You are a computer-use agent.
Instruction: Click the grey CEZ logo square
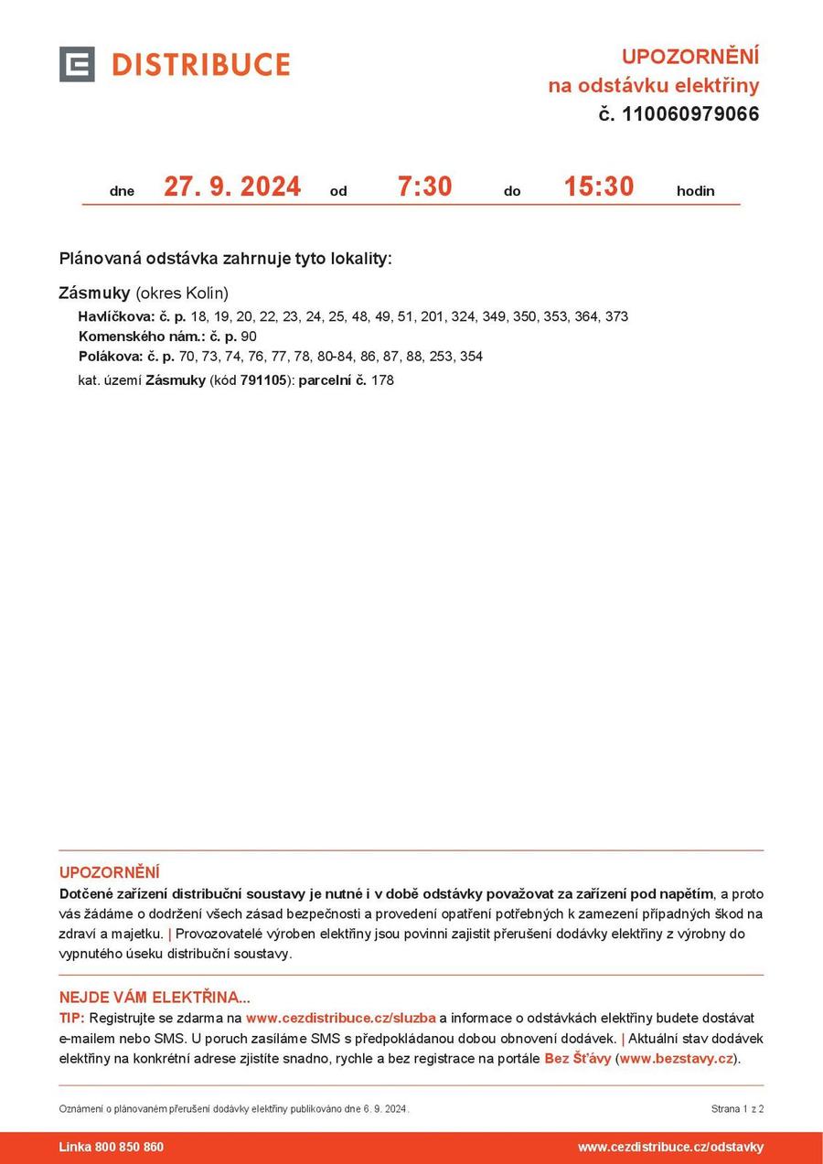click(x=77, y=64)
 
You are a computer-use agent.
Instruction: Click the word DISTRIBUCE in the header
click(x=200, y=65)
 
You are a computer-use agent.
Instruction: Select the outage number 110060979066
click(x=690, y=114)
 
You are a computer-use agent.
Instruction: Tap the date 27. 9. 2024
click(x=232, y=187)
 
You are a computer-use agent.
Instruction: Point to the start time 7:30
click(x=424, y=187)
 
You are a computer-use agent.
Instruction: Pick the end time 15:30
click(x=598, y=187)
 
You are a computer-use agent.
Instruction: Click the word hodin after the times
click(x=695, y=191)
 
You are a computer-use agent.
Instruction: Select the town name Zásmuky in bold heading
click(x=94, y=294)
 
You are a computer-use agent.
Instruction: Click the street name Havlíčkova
click(x=116, y=316)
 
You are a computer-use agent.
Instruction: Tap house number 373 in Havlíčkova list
click(x=616, y=316)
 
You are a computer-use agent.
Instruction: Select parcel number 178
click(x=382, y=380)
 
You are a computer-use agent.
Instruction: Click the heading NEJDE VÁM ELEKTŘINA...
click(x=155, y=998)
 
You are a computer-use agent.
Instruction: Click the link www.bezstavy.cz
click(x=677, y=1059)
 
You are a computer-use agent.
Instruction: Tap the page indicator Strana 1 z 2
click(x=737, y=1109)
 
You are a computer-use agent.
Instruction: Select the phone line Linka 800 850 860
click(x=112, y=1148)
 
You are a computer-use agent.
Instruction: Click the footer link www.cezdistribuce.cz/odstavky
click(x=670, y=1148)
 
